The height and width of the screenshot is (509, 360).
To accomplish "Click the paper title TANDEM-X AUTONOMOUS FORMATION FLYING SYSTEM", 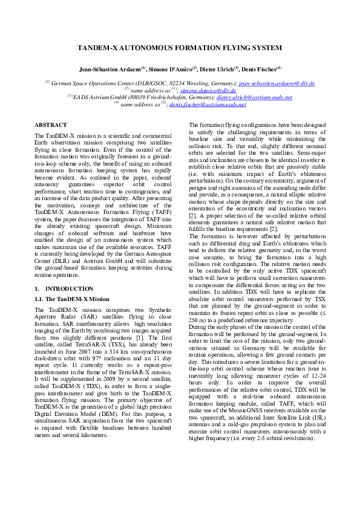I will (x=180, y=47).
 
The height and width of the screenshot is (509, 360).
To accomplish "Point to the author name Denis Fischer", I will (x=259, y=69).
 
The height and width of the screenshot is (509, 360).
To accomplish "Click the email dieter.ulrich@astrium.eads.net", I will (x=254, y=97).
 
